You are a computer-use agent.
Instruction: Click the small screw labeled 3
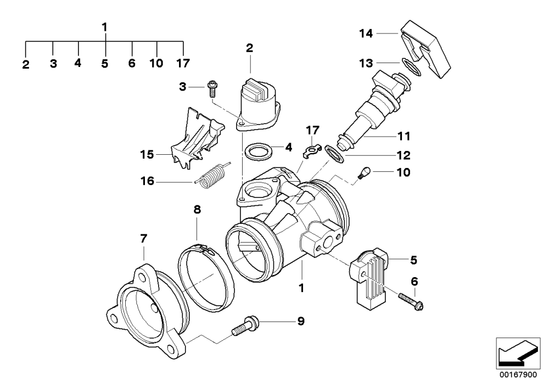211,88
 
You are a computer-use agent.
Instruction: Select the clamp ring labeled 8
206,272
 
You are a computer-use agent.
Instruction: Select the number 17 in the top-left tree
183,63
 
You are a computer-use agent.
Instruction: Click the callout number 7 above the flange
143,239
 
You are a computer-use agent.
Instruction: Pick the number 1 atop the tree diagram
104,26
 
